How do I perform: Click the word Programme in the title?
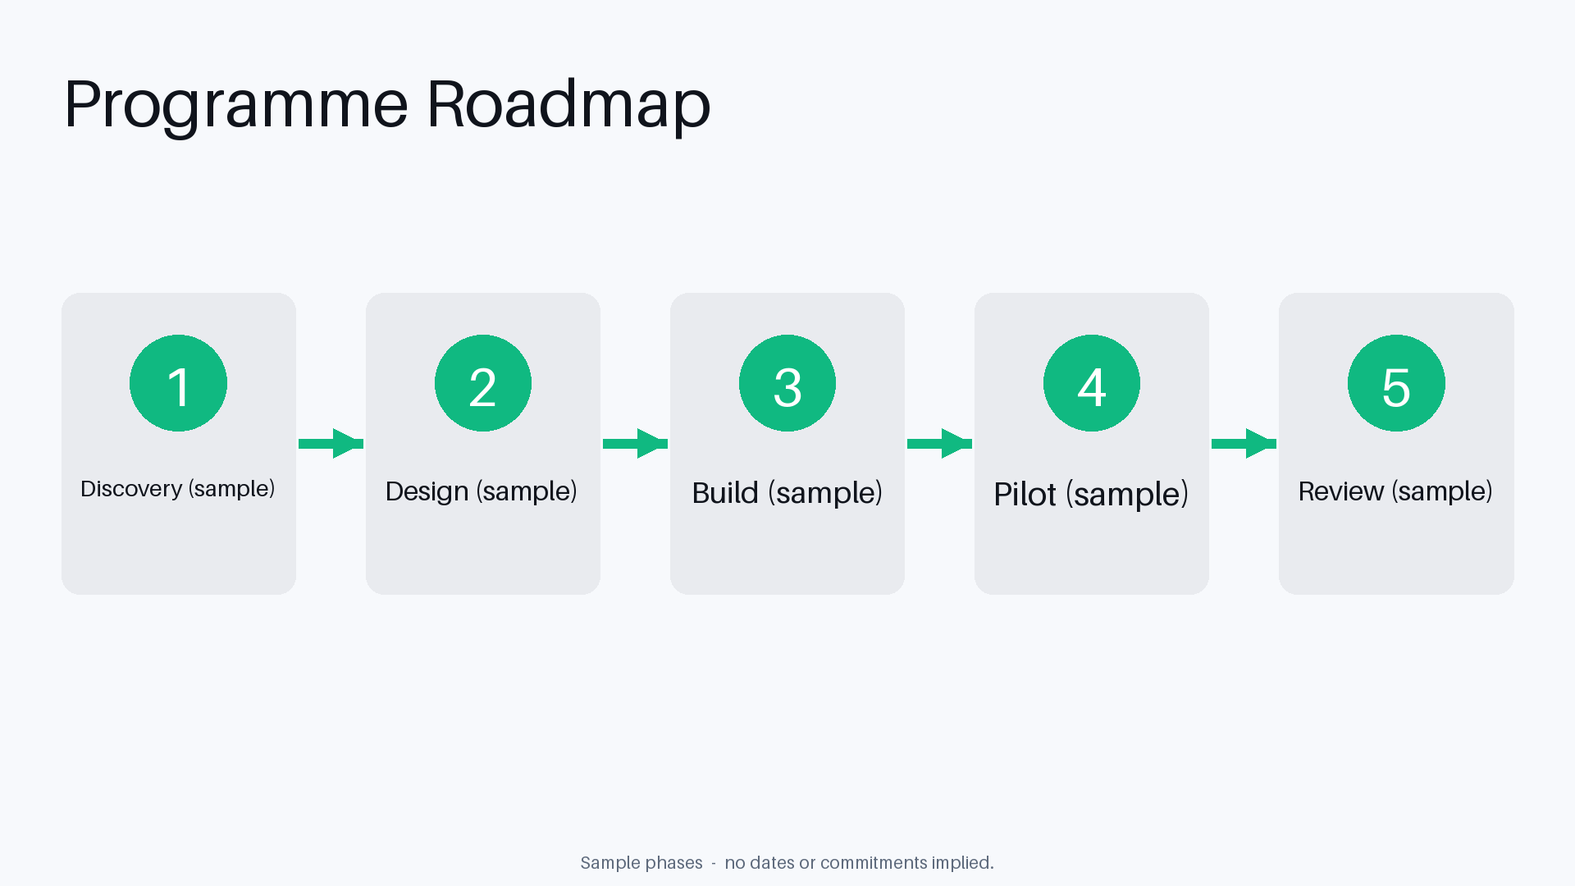pyautogui.click(x=236, y=105)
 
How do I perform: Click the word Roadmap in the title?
pyautogui.click(x=568, y=103)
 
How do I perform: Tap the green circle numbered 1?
pyautogui.click(x=178, y=383)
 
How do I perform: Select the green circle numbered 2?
pyautogui.click(x=483, y=383)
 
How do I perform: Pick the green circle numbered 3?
pyautogui.click(x=787, y=383)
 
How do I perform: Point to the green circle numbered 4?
pyautogui.click(x=1092, y=383)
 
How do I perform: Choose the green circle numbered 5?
pyautogui.click(x=1396, y=383)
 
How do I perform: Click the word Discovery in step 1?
pyautogui.click(x=131, y=489)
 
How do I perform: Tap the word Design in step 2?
pyautogui.click(x=427, y=491)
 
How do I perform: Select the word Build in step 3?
pyautogui.click(x=726, y=493)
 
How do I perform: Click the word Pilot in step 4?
pyautogui.click(x=1025, y=495)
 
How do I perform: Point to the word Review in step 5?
pyautogui.click(x=1341, y=491)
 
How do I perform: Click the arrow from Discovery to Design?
pyautogui.click(x=331, y=444)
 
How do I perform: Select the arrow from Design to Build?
pyautogui.click(x=635, y=444)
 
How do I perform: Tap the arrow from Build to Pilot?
pyautogui.click(x=939, y=444)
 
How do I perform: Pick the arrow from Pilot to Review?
pyautogui.click(x=1244, y=444)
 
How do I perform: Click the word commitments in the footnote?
pyautogui.click(x=874, y=863)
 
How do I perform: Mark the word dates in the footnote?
pyautogui.click(x=772, y=863)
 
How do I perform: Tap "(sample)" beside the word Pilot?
pyautogui.click(x=1127, y=496)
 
